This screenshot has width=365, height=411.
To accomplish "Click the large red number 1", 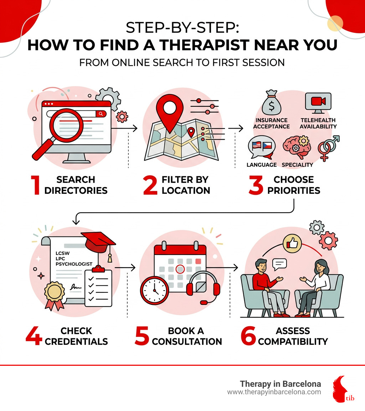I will pos(36,185).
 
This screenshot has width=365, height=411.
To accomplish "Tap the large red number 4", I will pos(34,336).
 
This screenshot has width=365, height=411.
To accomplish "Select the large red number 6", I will pos(248,336).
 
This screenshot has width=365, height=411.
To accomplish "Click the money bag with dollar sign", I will pos(272,103).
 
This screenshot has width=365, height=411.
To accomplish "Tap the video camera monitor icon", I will pos(318,103).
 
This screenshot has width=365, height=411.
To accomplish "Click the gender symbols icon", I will pos(328,148).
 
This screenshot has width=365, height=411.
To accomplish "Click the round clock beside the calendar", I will pos(154,290).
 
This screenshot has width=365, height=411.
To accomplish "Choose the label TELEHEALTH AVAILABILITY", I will pos(318,124).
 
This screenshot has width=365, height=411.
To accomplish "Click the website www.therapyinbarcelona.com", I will pos(274,392).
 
